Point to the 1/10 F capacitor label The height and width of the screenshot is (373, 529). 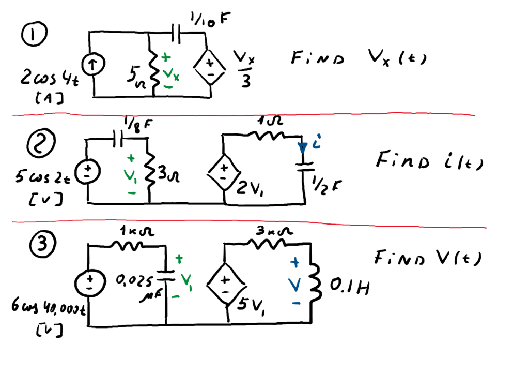(209, 20)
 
